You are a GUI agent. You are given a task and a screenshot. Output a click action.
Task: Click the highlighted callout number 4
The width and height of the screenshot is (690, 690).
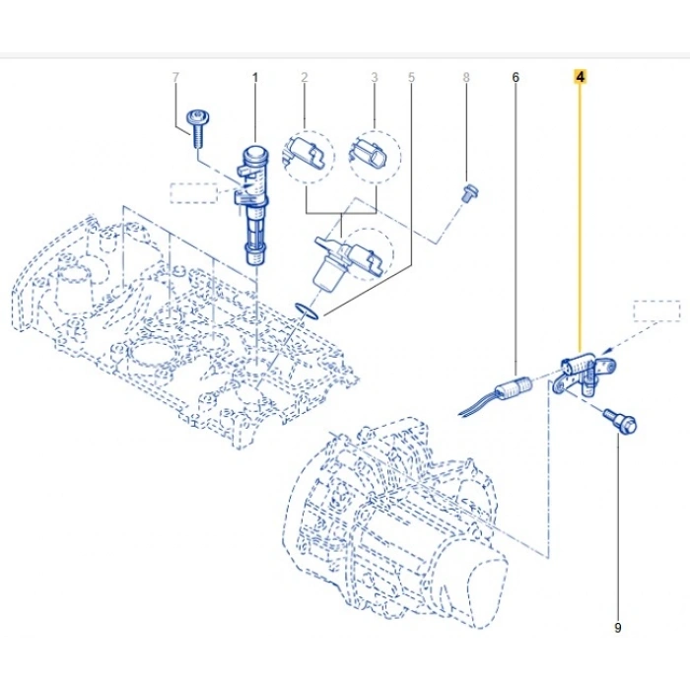click(x=580, y=77)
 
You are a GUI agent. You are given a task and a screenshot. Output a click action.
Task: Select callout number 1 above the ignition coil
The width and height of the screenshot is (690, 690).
click(x=254, y=78)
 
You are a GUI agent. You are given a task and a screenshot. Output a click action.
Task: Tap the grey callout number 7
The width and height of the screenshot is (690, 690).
click(x=175, y=78)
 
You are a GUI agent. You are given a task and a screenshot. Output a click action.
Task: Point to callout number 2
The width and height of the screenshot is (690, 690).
click(x=304, y=78)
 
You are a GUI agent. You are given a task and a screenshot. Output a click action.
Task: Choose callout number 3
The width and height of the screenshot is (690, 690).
click(x=375, y=78)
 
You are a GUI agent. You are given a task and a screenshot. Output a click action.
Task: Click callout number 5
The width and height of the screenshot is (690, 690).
click(x=411, y=78)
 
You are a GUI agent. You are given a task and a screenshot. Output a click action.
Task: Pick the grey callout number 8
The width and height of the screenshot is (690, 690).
click(x=466, y=78)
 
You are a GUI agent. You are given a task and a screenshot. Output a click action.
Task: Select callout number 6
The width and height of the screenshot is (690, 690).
click(x=516, y=78)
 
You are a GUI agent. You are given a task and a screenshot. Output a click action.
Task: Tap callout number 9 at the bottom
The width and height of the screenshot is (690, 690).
click(x=617, y=628)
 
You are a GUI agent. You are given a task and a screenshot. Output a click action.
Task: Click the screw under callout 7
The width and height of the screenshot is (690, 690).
click(x=197, y=127)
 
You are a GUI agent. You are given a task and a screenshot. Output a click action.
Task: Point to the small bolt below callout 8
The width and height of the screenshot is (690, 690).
click(x=469, y=193)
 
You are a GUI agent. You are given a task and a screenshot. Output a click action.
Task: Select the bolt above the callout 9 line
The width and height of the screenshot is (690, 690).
click(x=620, y=421)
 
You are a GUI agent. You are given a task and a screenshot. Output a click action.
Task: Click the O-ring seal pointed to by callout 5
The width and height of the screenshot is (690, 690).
click(x=308, y=310)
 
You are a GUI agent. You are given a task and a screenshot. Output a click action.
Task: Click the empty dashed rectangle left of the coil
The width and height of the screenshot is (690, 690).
click(x=193, y=193)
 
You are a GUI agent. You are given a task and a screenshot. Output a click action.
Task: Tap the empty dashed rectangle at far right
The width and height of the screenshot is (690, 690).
click(x=657, y=310)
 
